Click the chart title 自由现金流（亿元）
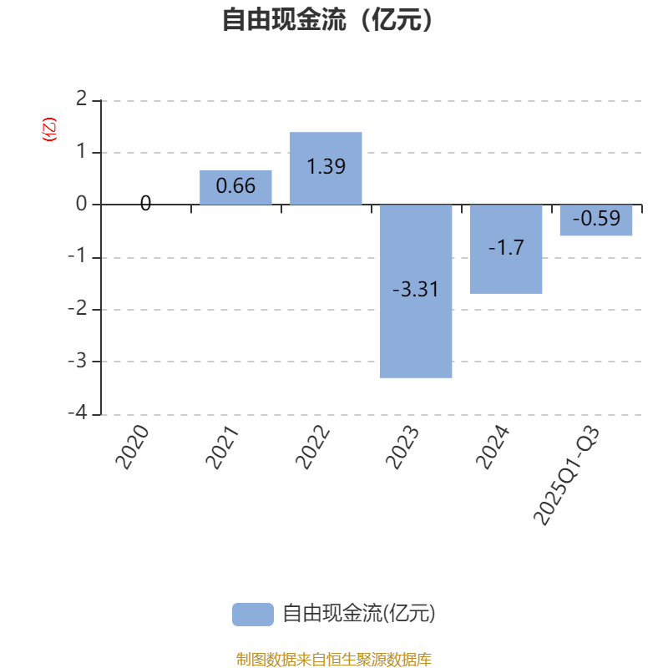(x=328, y=19)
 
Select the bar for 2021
(x=235, y=187)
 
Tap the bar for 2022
(x=326, y=168)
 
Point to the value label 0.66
(x=235, y=186)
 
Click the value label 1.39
(x=326, y=166)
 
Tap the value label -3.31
(x=416, y=291)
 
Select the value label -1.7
(x=506, y=248)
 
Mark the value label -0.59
(x=595, y=219)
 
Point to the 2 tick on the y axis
(x=81, y=100)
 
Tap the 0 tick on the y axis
(x=81, y=205)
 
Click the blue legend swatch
(x=252, y=614)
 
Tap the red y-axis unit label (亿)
(x=49, y=129)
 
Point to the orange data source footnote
(x=333, y=660)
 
